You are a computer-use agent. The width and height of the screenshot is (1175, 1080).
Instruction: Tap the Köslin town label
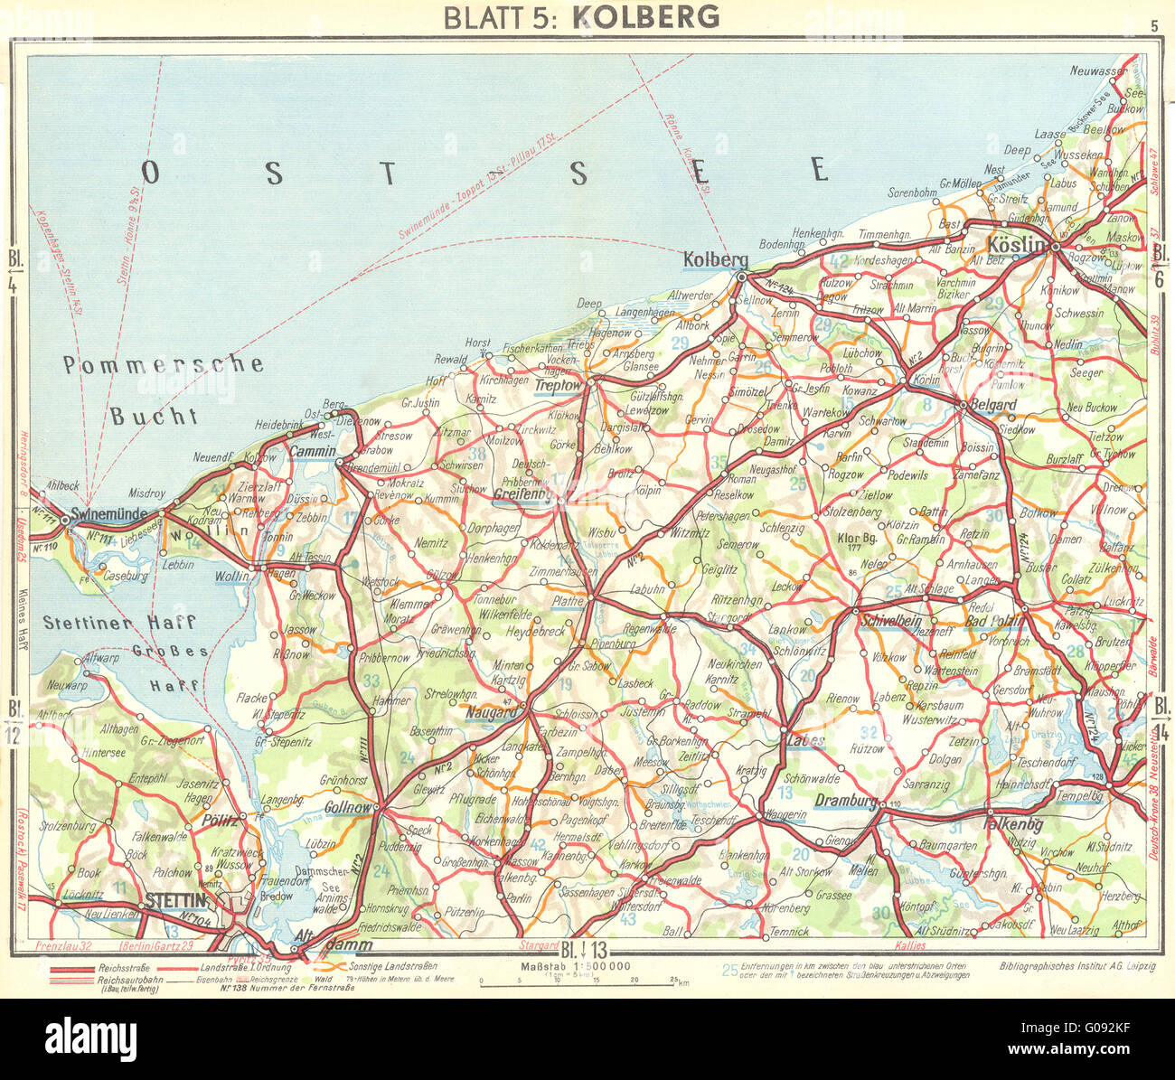click(1015, 244)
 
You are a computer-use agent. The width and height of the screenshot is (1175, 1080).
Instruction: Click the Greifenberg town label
click(522, 494)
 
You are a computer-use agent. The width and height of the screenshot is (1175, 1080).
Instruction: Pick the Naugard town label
click(492, 713)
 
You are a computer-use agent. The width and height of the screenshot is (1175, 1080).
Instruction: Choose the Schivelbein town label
click(890, 621)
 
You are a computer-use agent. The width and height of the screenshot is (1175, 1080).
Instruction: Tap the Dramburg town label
click(845, 800)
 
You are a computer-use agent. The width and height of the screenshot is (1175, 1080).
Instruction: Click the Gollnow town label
click(348, 806)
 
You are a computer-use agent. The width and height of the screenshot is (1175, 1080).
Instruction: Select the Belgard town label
click(992, 405)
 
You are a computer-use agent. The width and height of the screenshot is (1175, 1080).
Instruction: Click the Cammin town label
click(312, 451)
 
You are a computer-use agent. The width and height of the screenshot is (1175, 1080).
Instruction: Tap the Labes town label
click(805, 741)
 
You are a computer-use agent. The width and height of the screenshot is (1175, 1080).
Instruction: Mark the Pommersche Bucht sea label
click(163, 389)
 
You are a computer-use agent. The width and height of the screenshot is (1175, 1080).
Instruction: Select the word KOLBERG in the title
click(646, 16)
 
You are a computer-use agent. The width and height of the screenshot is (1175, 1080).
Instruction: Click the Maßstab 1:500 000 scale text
click(559, 968)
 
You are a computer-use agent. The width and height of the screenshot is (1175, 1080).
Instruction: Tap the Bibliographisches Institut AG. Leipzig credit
click(1077, 966)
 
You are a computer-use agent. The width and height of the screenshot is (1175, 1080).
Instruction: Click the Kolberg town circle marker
click(741, 277)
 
